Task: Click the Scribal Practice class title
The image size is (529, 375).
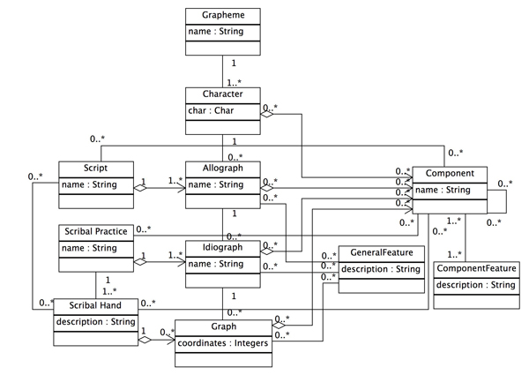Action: (93, 231)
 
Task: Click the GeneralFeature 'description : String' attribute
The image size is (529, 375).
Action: (382, 269)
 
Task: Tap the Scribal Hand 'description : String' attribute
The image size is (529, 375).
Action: (95, 321)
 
